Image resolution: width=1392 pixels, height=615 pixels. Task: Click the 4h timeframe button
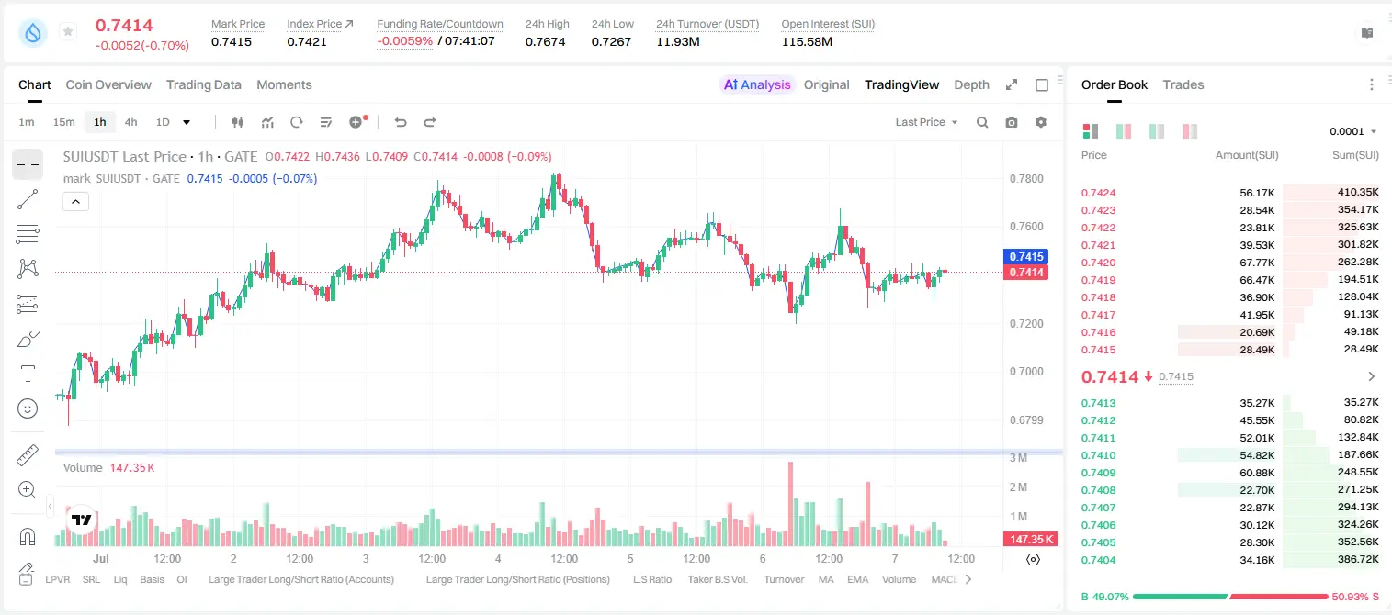click(130, 122)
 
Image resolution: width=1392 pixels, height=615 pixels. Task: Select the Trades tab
click(1183, 85)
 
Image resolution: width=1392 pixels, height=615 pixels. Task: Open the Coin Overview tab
click(108, 85)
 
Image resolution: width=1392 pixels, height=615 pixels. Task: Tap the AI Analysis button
click(757, 85)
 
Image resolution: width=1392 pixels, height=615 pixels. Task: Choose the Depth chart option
click(971, 85)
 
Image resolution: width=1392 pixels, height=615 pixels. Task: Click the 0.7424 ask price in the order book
click(1098, 193)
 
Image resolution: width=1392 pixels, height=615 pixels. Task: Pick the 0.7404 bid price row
click(1098, 560)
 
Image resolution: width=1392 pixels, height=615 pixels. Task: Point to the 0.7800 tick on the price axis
click(1026, 179)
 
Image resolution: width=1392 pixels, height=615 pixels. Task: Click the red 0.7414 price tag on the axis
click(1026, 273)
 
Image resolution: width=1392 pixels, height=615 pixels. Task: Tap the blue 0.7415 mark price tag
click(1026, 256)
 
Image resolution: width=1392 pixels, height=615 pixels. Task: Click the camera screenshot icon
click(1012, 122)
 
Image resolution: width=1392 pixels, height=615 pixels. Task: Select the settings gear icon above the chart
click(1041, 122)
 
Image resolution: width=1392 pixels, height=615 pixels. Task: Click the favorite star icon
click(68, 31)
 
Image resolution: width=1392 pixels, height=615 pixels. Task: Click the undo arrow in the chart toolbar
click(401, 122)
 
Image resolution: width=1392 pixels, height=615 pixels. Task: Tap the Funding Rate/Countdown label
click(440, 24)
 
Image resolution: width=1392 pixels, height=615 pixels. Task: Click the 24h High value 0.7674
click(545, 41)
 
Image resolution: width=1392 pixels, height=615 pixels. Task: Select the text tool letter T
click(28, 374)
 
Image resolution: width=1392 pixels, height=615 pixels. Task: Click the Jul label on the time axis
click(101, 558)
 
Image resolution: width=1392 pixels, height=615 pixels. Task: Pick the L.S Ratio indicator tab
click(651, 579)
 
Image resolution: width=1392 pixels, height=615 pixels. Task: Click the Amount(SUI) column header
click(1247, 155)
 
